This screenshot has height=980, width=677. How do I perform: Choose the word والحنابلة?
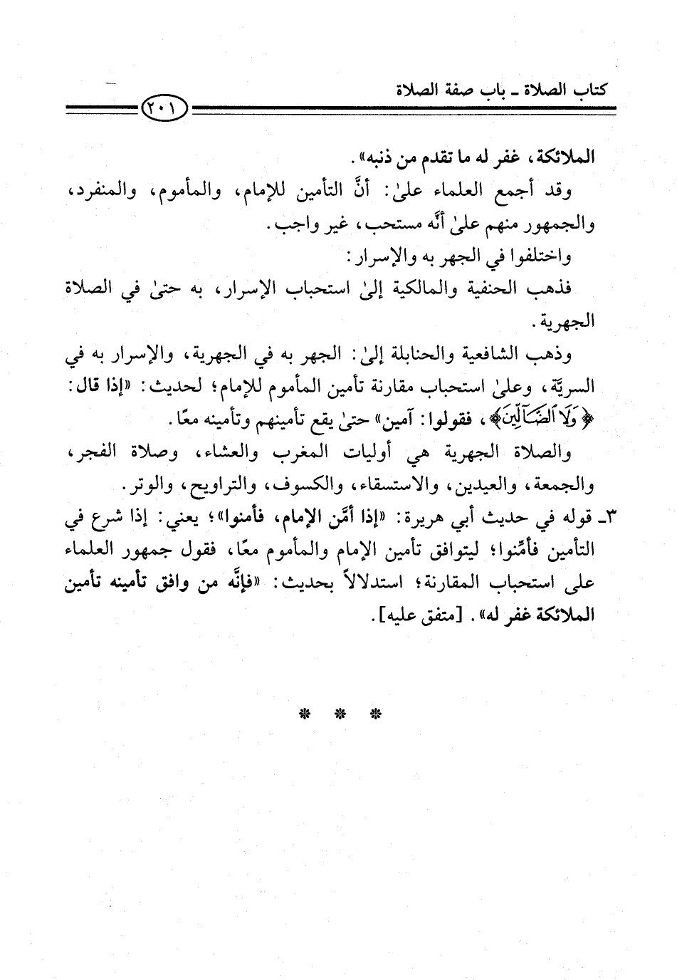tap(414, 354)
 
